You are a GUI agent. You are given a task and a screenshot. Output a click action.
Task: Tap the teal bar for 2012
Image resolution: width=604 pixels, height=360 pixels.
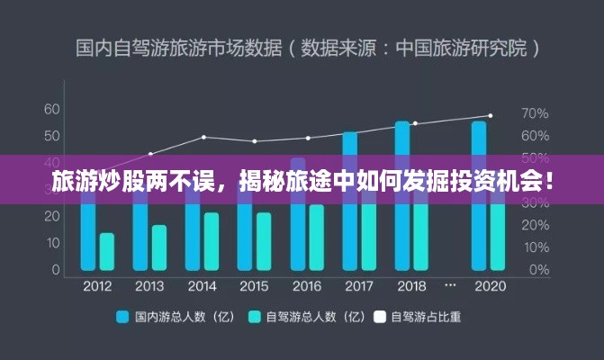click(x=107, y=251)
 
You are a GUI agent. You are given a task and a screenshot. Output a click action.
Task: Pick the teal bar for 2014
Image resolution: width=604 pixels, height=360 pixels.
click(x=212, y=240)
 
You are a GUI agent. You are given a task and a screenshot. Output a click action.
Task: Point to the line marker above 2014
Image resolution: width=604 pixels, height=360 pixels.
click(x=203, y=137)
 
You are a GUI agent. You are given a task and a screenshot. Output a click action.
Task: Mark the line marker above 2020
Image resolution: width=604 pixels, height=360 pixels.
click(x=490, y=115)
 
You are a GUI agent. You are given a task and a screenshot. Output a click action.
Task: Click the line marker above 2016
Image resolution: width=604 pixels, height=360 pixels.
click(x=308, y=138)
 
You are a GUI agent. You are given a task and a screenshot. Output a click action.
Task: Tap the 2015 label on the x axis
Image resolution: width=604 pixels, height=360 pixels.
click(x=254, y=286)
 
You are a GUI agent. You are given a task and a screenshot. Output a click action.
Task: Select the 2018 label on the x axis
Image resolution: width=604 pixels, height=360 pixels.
click(x=411, y=286)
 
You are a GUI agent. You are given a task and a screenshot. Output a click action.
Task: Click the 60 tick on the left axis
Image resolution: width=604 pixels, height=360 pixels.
click(x=52, y=109)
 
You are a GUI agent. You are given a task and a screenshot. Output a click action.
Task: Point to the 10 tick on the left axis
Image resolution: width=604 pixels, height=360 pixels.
click(x=52, y=243)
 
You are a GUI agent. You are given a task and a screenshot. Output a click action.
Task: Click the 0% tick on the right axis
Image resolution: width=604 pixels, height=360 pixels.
click(x=538, y=269)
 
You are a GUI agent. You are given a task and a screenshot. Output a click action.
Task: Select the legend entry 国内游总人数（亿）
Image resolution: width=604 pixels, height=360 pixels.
click(x=170, y=317)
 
